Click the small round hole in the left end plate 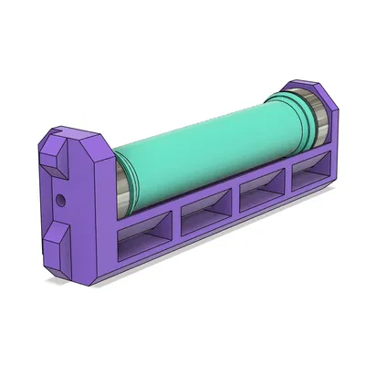coord(60,197)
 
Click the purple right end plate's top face coord(310,84)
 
